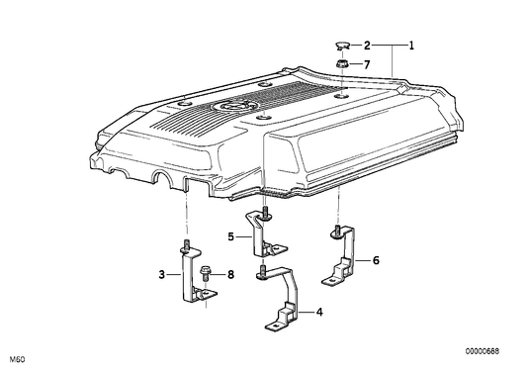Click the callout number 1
coord(411,46)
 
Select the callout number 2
coord(367,46)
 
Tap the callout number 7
coord(367,64)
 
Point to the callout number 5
coord(231,236)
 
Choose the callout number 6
coord(376,260)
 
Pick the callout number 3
coord(162,275)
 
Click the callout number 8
coord(230,275)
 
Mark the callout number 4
coord(319,312)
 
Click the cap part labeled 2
coord(342,45)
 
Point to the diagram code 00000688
coord(483,351)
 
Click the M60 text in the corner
coord(17,359)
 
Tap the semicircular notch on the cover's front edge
coord(162,177)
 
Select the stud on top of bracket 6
coord(336,233)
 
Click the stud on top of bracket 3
coord(187,243)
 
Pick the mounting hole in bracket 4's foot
coord(276,326)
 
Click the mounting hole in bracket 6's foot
coord(332,281)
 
